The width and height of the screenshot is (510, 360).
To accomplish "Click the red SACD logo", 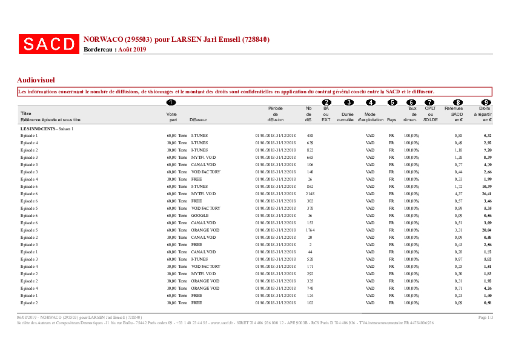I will point(48,44).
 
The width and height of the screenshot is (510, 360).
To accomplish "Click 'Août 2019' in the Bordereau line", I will point(132,49).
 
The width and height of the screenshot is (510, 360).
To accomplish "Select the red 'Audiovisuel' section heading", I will point(36,79).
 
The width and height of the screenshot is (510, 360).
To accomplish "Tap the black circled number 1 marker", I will point(171,102).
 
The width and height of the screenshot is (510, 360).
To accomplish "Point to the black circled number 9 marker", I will point(485,102).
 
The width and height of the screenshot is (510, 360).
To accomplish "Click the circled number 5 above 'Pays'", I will point(392,102).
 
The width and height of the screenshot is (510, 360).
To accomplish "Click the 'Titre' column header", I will point(25,113).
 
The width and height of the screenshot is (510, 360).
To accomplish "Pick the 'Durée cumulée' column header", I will point(348,116).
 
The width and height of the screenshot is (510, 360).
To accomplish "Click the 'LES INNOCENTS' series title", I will point(38,129).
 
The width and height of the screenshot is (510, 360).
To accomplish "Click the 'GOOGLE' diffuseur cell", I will point(200,216).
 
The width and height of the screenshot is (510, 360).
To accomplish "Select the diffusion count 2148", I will point(310,194).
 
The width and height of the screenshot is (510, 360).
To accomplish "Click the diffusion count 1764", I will point(310,230).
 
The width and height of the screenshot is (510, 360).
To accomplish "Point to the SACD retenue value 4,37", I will point(459,194).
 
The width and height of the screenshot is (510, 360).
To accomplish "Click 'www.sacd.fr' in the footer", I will point(222,323).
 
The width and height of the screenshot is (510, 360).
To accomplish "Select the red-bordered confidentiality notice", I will point(254,92).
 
